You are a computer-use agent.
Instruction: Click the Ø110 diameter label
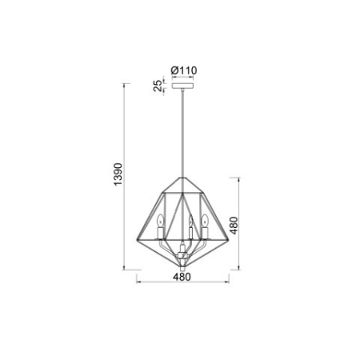pos(184,70)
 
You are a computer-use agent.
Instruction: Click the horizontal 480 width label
pos(182,279)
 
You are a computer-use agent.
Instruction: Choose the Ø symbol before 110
pos(175,70)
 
